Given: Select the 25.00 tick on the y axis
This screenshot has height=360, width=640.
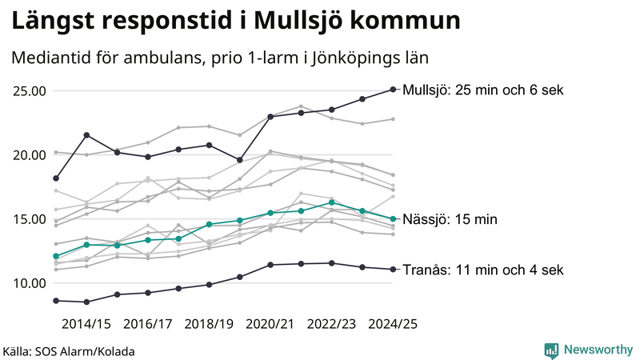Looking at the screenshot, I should pos(29,90).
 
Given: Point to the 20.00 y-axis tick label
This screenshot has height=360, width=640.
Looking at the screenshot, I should pos(29,154).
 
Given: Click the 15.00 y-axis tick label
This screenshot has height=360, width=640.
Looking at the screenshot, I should pos(29,219).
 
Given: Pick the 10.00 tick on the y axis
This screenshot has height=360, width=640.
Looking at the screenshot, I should pos(29,283).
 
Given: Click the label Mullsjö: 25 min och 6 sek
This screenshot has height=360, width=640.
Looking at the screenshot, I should pos(484,90).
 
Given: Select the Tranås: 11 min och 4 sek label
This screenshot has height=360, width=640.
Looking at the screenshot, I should pos(483,270).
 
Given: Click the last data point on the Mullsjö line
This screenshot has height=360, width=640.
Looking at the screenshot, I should pos(393,90).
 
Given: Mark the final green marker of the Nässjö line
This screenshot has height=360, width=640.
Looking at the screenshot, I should pos(393,219).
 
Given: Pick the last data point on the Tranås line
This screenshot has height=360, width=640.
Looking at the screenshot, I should pos(393,270).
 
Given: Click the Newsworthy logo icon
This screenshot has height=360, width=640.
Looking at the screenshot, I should pos(551,350).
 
